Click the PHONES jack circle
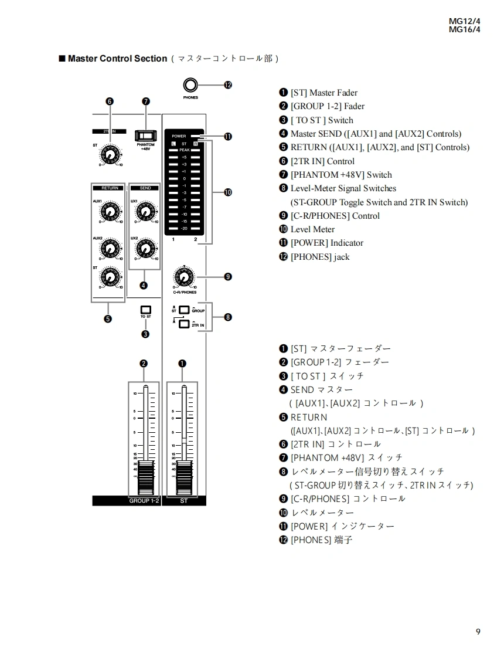pos(190,84)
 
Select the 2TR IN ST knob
pos(110,155)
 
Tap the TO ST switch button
pos(145,310)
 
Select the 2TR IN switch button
pos(184,324)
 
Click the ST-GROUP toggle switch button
pos(184,310)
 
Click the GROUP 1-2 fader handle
pos(144,477)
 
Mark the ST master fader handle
pos(183,477)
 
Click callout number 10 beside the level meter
pos(227,192)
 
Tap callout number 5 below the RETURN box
pos(108,319)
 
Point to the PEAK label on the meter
pos(185,150)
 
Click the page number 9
pos(478,632)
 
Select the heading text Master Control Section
pos(117,59)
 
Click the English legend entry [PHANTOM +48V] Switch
pos(341,175)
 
